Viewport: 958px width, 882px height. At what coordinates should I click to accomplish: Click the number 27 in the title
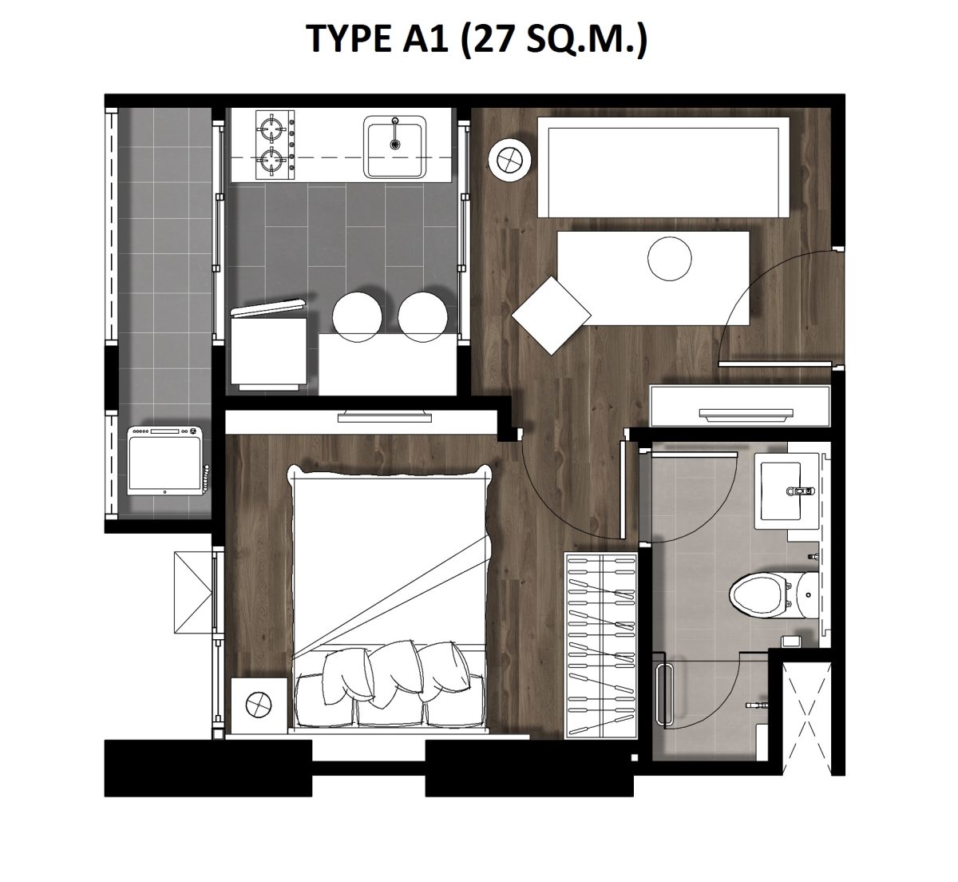pyautogui.click(x=492, y=38)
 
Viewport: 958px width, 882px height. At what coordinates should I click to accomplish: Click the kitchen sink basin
pyautogui.click(x=394, y=147)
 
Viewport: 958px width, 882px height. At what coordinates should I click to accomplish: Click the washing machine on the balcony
pyautogui.click(x=165, y=461)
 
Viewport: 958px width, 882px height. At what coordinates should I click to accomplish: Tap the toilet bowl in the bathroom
pyautogui.click(x=759, y=594)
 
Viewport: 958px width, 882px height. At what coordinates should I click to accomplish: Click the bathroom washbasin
pyautogui.click(x=780, y=491)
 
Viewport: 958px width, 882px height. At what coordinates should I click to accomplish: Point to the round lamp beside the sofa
pyautogui.click(x=509, y=161)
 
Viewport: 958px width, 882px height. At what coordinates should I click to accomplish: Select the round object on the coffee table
pyautogui.click(x=669, y=258)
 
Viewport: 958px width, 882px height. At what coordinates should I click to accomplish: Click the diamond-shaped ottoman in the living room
pyautogui.click(x=551, y=316)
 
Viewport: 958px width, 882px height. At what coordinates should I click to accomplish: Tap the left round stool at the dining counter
pyautogui.click(x=357, y=317)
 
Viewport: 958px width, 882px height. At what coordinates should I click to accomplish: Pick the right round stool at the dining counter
pyautogui.click(x=422, y=317)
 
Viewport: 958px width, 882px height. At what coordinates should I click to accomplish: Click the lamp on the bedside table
pyautogui.click(x=259, y=704)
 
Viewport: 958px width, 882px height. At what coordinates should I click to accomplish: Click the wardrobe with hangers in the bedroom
pyautogui.click(x=601, y=646)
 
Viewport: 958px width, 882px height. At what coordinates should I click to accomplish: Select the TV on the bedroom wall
pyautogui.click(x=384, y=416)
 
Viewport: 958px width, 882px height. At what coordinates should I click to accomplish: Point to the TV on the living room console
pyautogui.click(x=746, y=414)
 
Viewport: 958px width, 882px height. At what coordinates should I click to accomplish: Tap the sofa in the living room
pyautogui.click(x=663, y=167)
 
